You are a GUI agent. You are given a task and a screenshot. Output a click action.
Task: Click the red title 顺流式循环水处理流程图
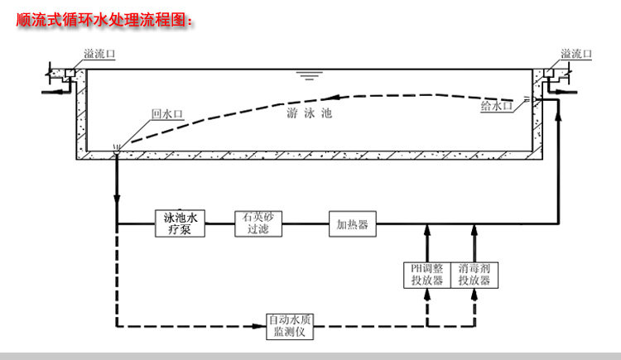click(x=103, y=18)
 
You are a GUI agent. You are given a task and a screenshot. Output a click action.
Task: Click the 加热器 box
click(x=351, y=223)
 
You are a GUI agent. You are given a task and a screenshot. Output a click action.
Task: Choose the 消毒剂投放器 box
click(x=474, y=274)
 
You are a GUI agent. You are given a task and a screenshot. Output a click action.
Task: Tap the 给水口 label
click(x=496, y=105)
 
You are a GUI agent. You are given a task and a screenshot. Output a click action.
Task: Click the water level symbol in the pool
click(x=310, y=76)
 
